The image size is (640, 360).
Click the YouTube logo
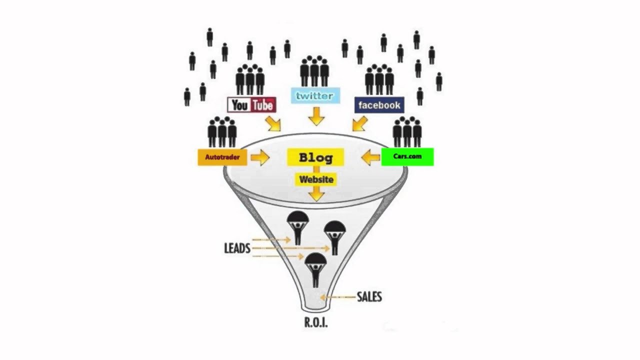pyautogui.click(x=252, y=105)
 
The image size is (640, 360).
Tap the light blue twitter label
pyautogui.click(x=315, y=96)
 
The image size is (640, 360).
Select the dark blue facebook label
pyautogui.click(x=379, y=105)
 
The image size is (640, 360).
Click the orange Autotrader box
pyautogui.click(x=222, y=157)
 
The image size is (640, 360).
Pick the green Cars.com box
pyautogui.click(x=407, y=156)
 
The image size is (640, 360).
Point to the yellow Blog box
pyautogui.click(x=315, y=157)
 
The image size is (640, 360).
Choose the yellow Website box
pyautogui.click(x=315, y=179)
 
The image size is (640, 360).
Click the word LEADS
pyautogui.click(x=237, y=248)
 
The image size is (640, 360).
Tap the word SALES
pyautogui.click(x=369, y=297)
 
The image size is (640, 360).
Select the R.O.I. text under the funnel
pyautogui.click(x=316, y=322)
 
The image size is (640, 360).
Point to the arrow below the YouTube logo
pyautogui.click(x=273, y=123)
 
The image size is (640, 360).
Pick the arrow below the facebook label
pyautogui.click(x=359, y=123)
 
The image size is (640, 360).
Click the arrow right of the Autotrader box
pyautogui.click(x=259, y=158)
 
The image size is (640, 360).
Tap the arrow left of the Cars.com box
pyautogui.click(x=370, y=158)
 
